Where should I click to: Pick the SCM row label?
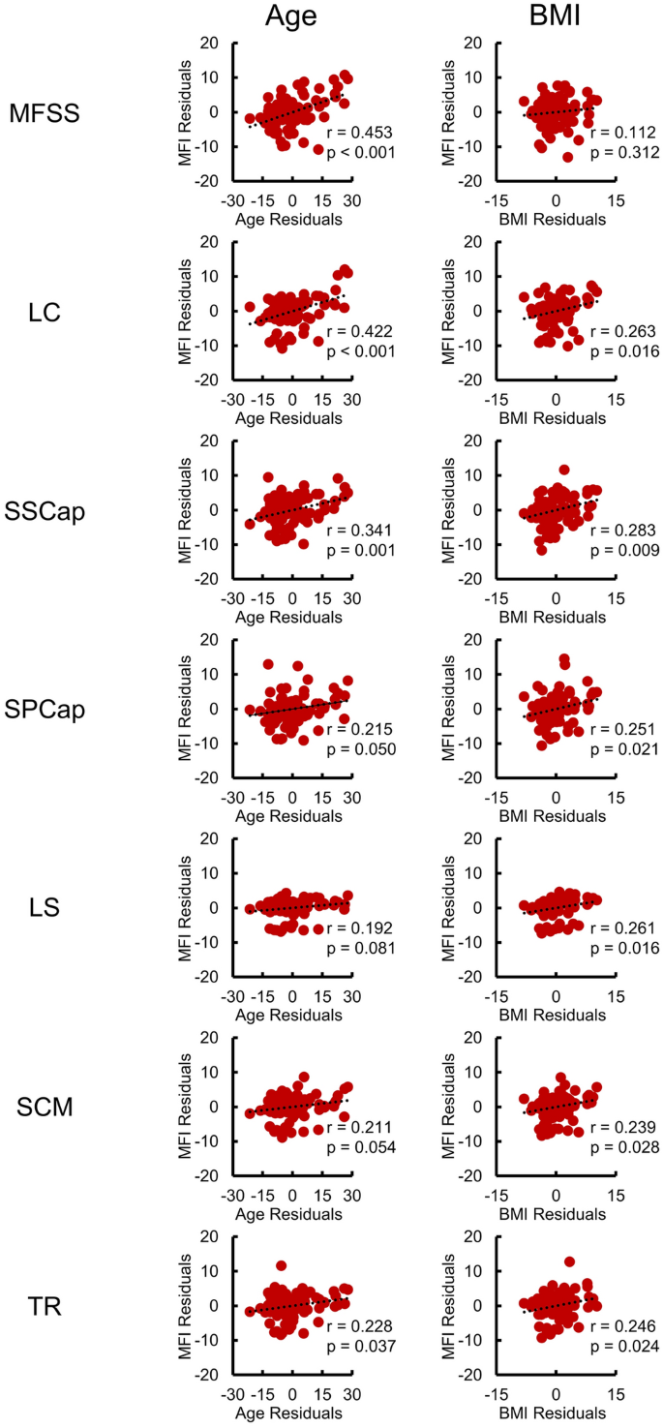click(x=45, y=1107)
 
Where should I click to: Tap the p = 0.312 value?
click(x=623, y=152)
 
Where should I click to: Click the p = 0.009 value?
click(x=623, y=549)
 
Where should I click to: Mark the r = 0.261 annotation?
click(x=623, y=927)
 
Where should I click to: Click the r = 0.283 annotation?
click(x=623, y=531)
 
